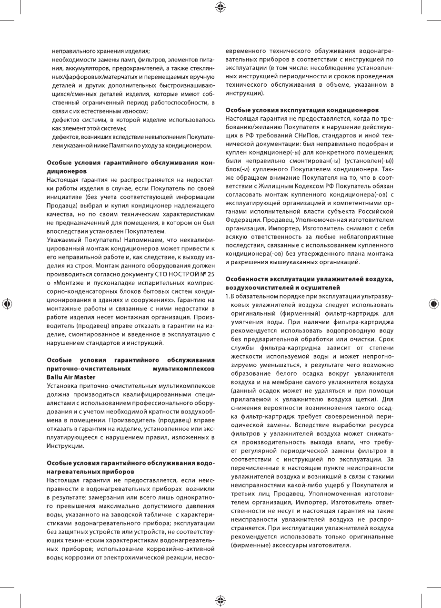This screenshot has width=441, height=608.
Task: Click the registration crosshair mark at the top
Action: [x=220, y=7]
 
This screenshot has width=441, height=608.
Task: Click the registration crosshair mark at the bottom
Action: [x=220, y=600]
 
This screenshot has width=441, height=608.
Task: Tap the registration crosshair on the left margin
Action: [x=7, y=304]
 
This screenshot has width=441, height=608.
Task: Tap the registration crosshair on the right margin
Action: [x=434, y=304]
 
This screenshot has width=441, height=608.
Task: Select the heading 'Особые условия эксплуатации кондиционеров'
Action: [x=302, y=110]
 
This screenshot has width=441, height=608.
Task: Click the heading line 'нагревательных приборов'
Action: [x=84, y=471]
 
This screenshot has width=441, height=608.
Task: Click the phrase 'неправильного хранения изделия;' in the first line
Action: [x=101, y=51]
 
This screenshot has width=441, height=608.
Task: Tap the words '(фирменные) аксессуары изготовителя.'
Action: [x=291, y=546]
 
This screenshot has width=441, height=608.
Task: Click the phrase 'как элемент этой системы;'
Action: [x=89, y=128]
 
